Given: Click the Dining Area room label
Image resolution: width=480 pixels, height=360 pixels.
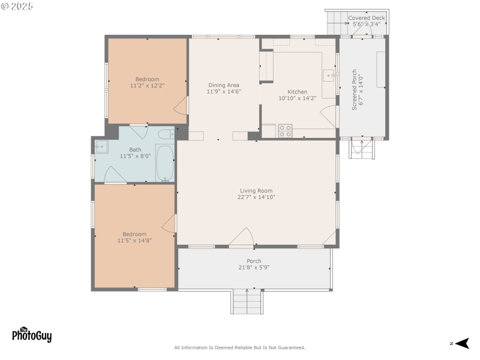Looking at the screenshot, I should [224, 85].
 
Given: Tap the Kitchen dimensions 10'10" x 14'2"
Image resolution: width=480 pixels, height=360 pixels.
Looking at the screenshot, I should [297, 98].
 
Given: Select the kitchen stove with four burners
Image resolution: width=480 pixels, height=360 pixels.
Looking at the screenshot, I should [285, 130].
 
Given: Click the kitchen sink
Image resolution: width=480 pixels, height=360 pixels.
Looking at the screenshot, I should [329, 76].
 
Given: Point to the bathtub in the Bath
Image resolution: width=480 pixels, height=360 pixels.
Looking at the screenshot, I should [164, 163].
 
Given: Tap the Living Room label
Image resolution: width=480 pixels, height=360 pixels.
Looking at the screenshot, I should [256, 191].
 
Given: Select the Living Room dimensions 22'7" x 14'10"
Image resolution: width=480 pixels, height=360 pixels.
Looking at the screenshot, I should [256, 197].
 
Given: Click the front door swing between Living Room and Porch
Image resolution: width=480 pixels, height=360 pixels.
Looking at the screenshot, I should [242, 237].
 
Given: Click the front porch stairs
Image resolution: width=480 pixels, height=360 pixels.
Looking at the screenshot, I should [247, 301].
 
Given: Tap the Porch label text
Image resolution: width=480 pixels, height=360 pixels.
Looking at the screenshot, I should [254, 261].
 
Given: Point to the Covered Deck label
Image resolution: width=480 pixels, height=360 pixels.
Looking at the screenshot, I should [367, 18].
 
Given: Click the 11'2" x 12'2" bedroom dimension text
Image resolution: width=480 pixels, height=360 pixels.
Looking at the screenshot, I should [147, 86].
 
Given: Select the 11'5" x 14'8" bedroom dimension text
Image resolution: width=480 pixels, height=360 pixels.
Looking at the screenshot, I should [134, 241].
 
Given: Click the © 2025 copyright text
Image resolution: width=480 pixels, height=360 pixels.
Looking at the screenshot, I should [17, 5].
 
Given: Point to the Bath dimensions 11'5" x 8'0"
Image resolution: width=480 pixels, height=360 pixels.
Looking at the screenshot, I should [135, 156].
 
